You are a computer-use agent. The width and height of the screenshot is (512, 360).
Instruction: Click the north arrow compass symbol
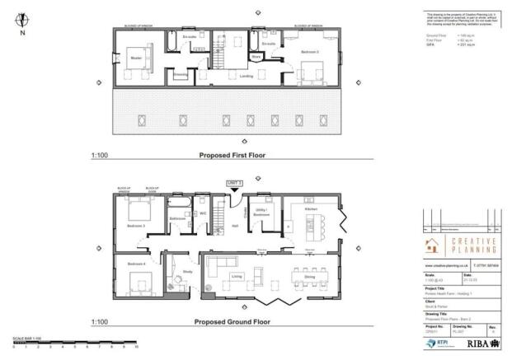22,19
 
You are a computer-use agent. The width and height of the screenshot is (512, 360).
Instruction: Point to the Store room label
257,57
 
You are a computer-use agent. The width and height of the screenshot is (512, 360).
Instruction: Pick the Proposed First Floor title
232,155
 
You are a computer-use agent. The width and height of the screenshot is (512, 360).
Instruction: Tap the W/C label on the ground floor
202,213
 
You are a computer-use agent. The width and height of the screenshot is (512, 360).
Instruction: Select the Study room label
187,270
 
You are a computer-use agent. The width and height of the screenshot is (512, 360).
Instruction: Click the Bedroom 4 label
136,264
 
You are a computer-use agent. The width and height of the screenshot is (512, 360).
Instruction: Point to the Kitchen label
310,210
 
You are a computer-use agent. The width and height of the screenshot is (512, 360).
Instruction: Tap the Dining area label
308,278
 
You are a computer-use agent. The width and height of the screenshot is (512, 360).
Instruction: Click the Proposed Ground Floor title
231,323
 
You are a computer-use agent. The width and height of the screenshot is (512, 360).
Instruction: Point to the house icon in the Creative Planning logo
432,245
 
